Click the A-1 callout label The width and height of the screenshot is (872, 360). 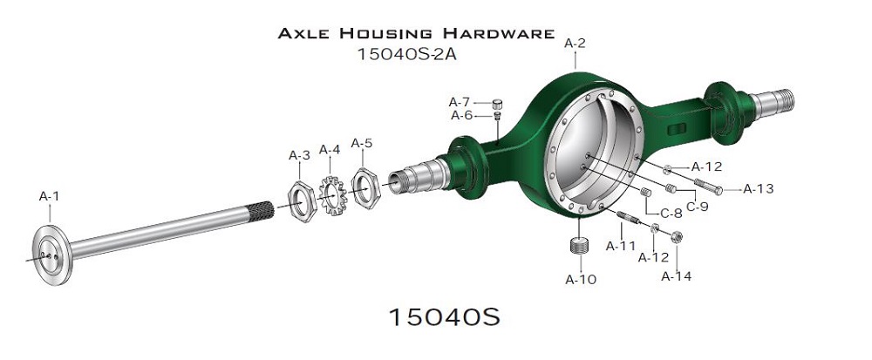click(x=49, y=196)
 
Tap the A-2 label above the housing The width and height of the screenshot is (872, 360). click(x=575, y=44)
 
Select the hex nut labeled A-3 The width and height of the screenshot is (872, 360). click(x=302, y=201)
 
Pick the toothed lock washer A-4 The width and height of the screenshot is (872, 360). click(x=333, y=195)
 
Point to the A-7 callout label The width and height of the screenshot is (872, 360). click(x=460, y=102)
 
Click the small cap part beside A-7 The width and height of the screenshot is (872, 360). click(x=497, y=104)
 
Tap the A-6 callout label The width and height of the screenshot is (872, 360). click(x=461, y=116)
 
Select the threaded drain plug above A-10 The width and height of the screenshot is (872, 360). click(x=580, y=244)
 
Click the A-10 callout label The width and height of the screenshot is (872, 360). click(x=581, y=280)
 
